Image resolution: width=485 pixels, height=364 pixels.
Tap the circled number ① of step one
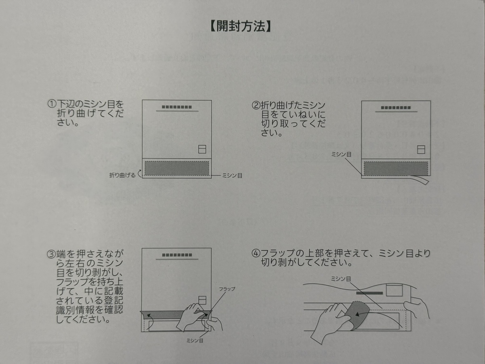51,104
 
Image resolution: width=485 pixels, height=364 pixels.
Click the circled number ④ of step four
256,253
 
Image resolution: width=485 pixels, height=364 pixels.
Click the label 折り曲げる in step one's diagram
122,175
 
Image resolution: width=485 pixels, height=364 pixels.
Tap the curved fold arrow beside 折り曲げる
140,174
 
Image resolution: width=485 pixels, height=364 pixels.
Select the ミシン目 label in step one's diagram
232,176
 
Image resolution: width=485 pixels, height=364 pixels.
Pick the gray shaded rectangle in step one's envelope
177,168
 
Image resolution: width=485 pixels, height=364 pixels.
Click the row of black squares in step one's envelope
177,107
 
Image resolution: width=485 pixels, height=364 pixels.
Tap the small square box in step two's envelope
421,150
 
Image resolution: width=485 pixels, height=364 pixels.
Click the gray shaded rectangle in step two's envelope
395,168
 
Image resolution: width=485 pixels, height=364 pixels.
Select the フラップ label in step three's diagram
227,289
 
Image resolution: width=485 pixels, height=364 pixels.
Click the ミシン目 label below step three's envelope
194,341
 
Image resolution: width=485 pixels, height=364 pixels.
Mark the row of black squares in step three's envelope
177,255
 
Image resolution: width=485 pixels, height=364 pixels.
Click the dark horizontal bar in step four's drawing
369,292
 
